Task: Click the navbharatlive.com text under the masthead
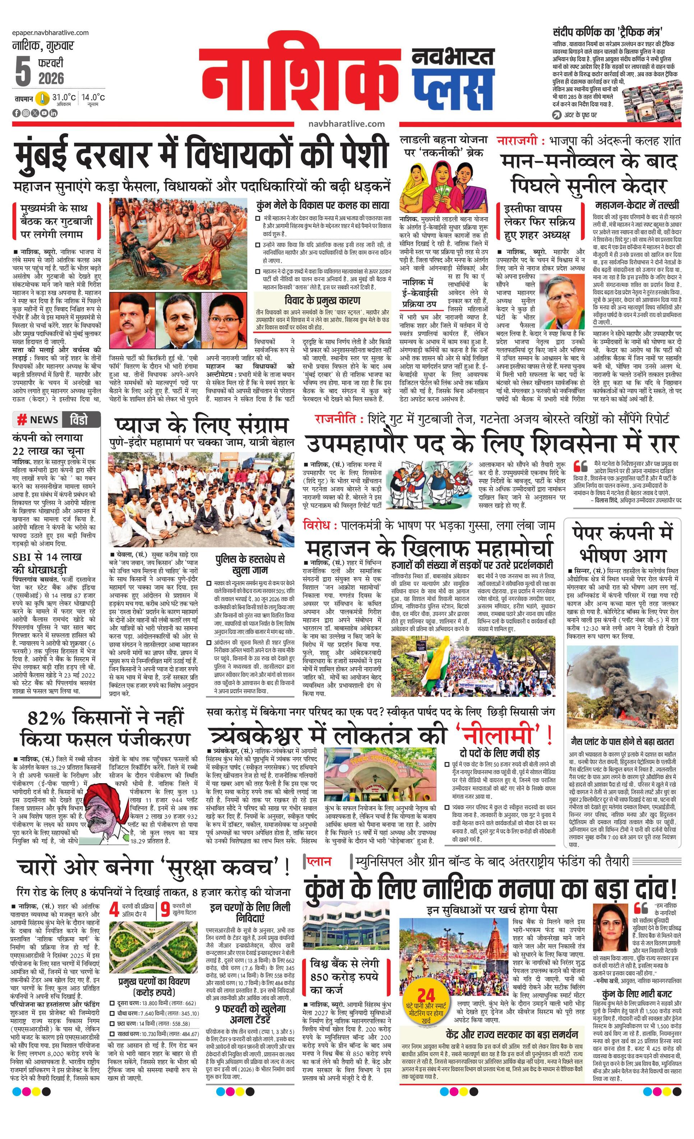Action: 346,124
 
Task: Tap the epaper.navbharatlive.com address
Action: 50,32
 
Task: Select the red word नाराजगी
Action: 517,140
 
